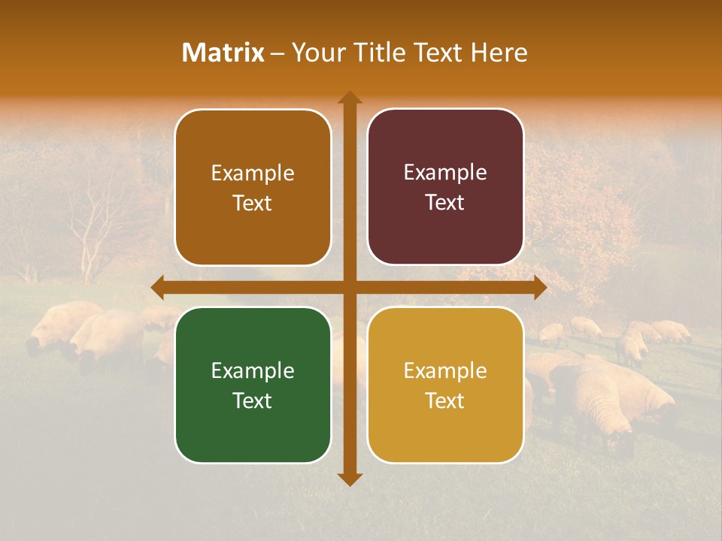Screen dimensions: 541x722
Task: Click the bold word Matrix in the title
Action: [x=223, y=53]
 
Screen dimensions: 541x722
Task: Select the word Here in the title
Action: [x=499, y=53]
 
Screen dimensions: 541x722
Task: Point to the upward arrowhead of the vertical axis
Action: [x=350, y=97]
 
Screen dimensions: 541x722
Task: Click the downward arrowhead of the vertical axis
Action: [x=350, y=479]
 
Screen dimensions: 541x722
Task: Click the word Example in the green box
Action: [x=253, y=370]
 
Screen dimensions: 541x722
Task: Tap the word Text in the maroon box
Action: [x=445, y=203]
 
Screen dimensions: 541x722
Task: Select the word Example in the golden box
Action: [x=445, y=370]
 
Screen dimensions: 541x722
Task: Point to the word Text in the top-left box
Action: [x=253, y=204]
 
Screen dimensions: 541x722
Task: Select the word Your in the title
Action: [x=315, y=53]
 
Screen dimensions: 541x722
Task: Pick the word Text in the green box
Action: [x=253, y=400]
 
